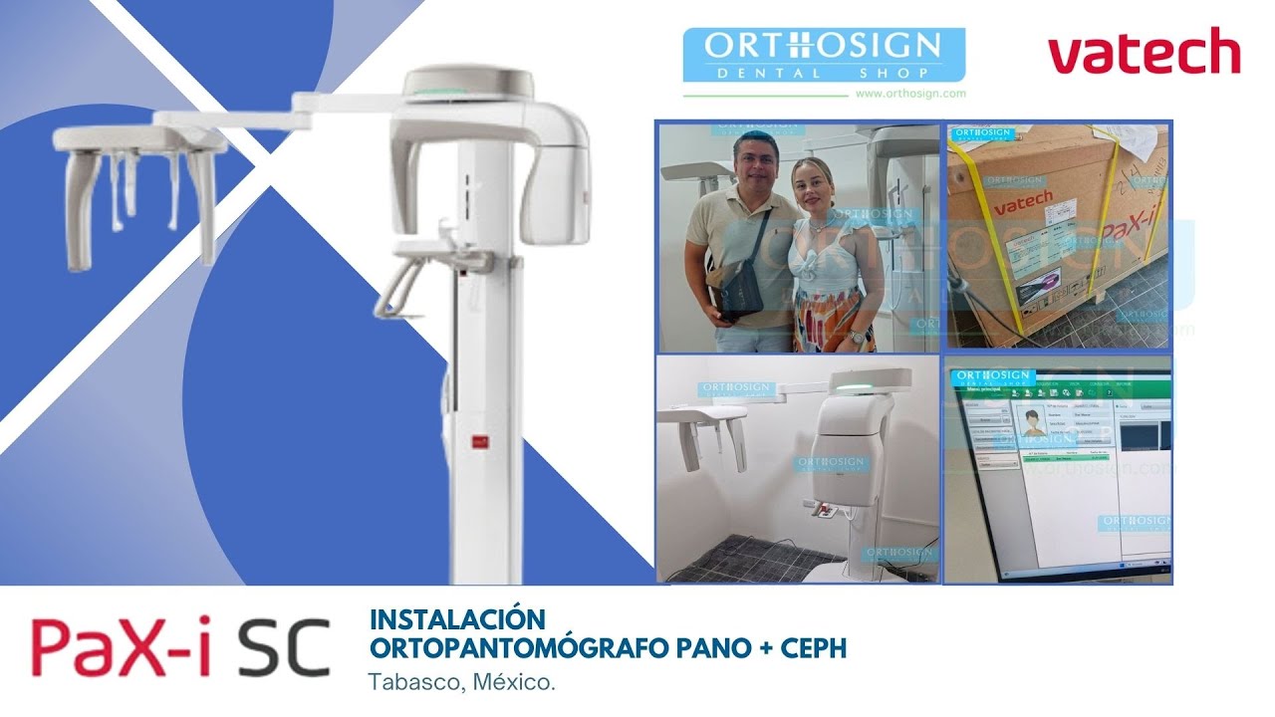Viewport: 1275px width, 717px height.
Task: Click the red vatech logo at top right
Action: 1144,53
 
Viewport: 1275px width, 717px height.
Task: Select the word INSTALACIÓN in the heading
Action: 457,618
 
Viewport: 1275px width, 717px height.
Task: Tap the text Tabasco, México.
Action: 461,683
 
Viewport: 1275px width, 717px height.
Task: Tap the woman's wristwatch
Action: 855,337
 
